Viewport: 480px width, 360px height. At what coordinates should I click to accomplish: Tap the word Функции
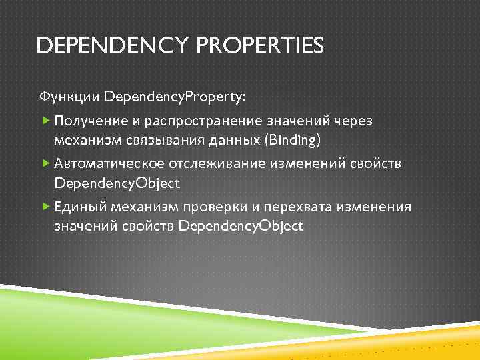point(69,97)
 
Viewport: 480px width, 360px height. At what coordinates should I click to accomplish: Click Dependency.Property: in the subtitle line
point(174,97)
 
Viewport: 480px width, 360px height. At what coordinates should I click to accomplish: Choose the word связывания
point(160,139)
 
